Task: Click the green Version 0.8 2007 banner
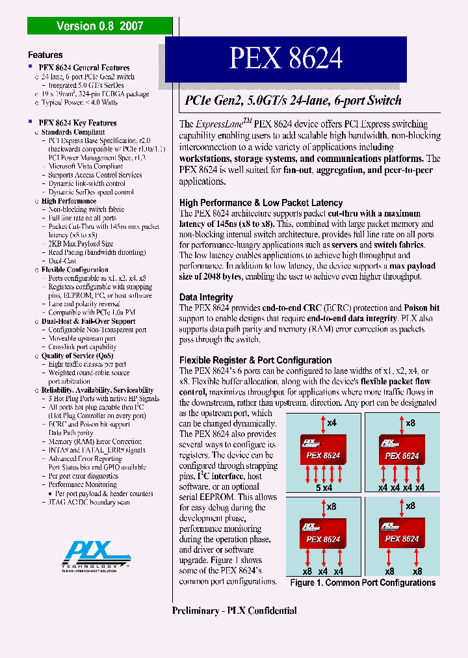click(99, 26)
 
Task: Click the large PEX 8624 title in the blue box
click(285, 59)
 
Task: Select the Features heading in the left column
click(45, 55)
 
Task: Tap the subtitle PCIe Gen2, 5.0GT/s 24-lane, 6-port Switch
click(293, 101)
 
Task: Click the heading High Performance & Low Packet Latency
click(261, 203)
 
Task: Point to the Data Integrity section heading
click(206, 297)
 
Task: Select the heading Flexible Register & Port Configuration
click(255, 360)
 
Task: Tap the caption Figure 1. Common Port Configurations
click(363, 583)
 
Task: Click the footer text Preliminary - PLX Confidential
click(235, 611)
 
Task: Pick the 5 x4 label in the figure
click(324, 488)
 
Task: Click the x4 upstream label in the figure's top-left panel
click(331, 423)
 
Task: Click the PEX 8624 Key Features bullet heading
click(77, 123)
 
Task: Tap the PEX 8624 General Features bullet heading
click(84, 68)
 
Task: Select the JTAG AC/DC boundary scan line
click(88, 502)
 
